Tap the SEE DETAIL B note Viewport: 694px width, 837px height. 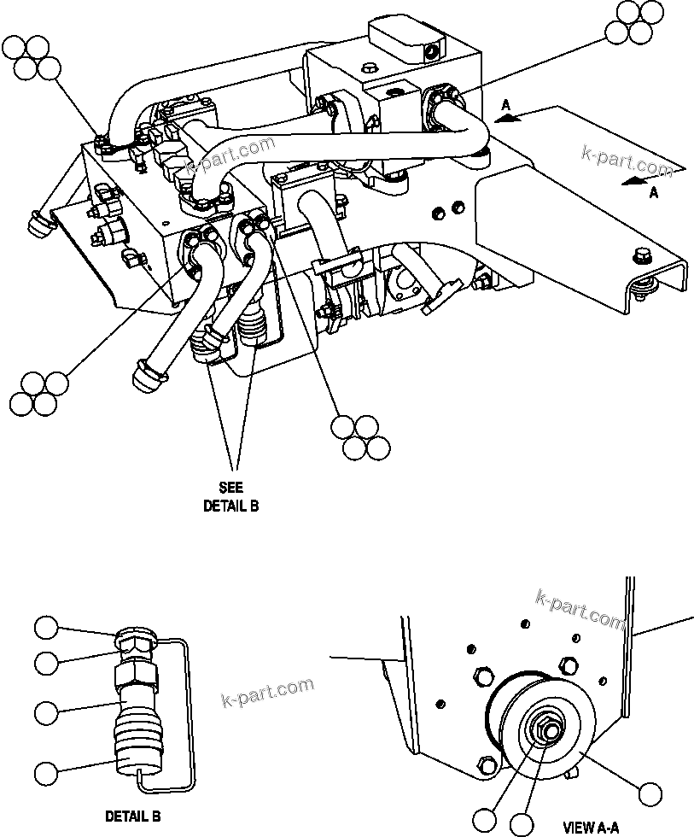click(230, 496)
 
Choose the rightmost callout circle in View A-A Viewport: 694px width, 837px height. click(652, 793)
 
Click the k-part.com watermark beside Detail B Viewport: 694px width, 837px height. click(266, 692)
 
